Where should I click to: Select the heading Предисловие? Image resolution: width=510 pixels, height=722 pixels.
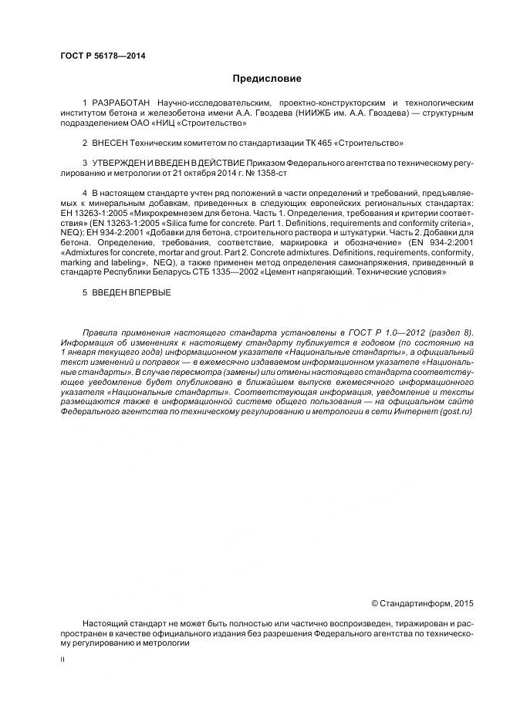tap(267, 79)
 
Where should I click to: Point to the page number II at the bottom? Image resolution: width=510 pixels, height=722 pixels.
tap(63, 660)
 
